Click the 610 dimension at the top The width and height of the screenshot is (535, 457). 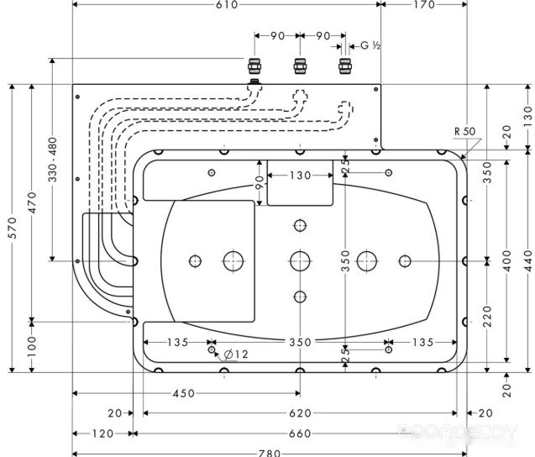click(228, 5)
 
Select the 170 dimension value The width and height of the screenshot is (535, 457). click(423, 5)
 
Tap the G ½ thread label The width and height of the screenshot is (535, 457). click(370, 45)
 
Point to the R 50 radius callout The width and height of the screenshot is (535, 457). click(464, 131)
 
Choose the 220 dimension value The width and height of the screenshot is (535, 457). click(487, 317)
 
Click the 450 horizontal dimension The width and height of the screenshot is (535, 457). click(184, 393)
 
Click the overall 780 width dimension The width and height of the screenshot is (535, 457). click(268, 453)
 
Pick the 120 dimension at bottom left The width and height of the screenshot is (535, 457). click(102, 433)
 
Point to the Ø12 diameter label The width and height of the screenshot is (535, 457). click(237, 355)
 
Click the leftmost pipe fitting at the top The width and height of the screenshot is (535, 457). click(254, 66)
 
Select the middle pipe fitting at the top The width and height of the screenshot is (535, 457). click(299, 66)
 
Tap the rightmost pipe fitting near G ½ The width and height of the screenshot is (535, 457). click(344, 66)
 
